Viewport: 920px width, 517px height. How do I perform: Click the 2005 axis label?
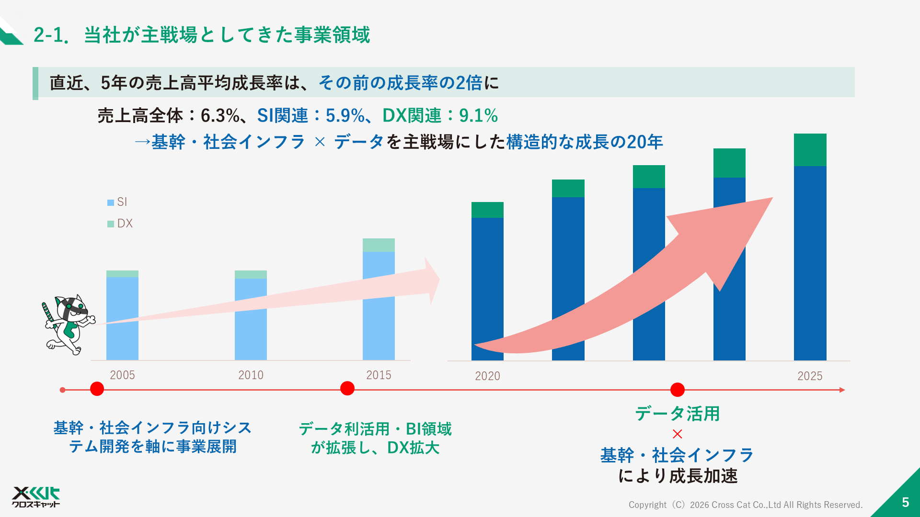pyautogui.click(x=122, y=375)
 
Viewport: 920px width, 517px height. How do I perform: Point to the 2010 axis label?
pyautogui.click(x=251, y=375)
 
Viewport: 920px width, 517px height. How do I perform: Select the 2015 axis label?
pyautogui.click(x=379, y=375)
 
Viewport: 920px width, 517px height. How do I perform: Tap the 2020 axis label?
pyautogui.click(x=487, y=376)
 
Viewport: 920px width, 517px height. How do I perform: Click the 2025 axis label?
pyautogui.click(x=810, y=376)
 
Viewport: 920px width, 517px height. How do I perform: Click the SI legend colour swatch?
pyautogui.click(x=111, y=202)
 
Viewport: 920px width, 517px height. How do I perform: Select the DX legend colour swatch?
pyautogui.click(x=111, y=224)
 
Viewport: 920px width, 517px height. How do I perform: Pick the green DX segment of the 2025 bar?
pyautogui.click(x=810, y=150)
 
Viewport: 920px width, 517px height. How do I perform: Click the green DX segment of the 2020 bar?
pyautogui.click(x=487, y=210)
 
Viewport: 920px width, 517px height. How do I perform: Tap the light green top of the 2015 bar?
pyautogui.click(x=379, y=245)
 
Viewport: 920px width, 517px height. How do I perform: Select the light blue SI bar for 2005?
pyautogui.click(x=122, y=318)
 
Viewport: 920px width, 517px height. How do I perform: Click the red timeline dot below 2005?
pyautogui.click(x=97, y=389)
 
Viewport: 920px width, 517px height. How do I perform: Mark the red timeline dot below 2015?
pyautogui.click(x=347, y=388)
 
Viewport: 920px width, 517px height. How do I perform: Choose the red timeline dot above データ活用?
pyautogui.click(x=678, y=390)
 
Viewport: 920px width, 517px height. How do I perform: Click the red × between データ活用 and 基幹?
pyautogui.click(x=677, y=434)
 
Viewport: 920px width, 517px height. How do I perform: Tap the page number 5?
pyautogui.click(x=905, y=502)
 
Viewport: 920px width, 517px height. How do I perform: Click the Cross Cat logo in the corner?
pyautogui.click(x=36, y=497)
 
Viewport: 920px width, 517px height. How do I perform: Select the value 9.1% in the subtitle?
pyautogui.click(x=478, y=115)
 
